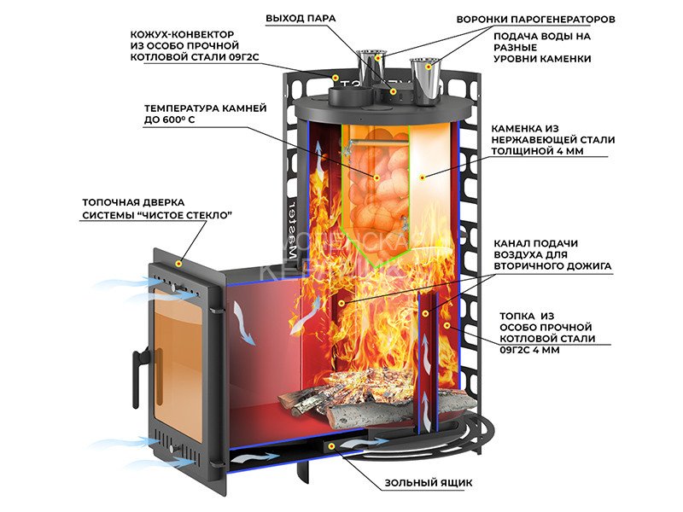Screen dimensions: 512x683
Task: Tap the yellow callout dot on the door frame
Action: pyautogui.click(x=178, y=265)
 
